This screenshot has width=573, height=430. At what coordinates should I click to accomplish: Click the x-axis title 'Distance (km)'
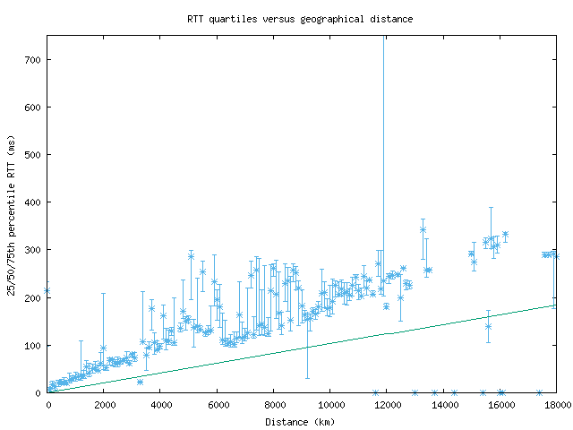(300, 421)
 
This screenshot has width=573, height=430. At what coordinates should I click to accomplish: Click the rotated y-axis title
(12, 214)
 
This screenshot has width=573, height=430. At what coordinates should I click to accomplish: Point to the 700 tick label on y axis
(33, 60)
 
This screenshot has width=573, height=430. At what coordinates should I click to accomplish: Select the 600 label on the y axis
(33, 107)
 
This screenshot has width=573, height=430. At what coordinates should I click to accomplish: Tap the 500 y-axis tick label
(33, 155)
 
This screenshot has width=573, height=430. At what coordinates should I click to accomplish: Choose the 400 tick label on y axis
(33, 202)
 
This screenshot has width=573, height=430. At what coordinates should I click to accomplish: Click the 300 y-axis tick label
(33, 250)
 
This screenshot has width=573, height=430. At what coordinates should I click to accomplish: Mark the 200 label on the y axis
(33, 297)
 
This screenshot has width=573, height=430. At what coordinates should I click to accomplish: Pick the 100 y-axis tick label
(33, 345)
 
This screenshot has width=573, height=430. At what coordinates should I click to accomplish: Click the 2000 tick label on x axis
(104, 405)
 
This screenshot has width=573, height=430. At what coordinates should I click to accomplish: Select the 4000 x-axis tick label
(161, 405)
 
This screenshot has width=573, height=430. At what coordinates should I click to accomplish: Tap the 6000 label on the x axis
(218, 405)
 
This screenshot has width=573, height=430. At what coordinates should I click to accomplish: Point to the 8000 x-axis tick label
(274, 405)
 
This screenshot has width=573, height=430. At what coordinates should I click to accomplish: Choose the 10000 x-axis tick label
(330, 405)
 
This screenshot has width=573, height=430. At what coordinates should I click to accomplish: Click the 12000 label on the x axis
(388, 405)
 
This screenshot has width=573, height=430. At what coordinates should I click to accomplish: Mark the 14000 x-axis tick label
(444, 405)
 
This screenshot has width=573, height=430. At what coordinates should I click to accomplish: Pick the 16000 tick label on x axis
(500, 405)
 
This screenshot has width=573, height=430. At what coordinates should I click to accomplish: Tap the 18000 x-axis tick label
(556, 405)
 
